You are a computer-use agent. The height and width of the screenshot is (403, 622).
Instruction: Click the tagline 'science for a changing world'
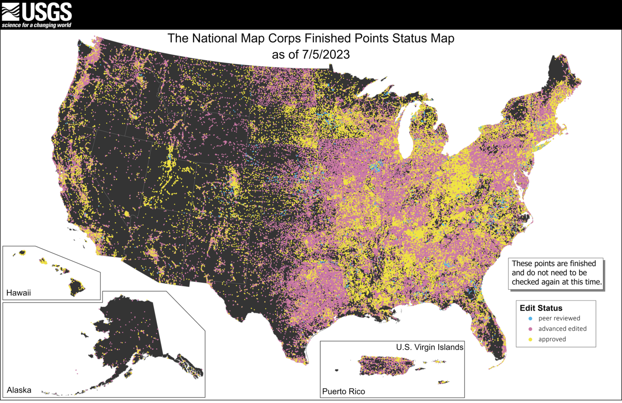pyautogui.click(x=36, y=25)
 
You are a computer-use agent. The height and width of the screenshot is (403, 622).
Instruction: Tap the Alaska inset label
pyautogui.click(x=19, y=389)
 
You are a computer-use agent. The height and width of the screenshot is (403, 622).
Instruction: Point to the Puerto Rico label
pyautogui.click(x=344, y=391)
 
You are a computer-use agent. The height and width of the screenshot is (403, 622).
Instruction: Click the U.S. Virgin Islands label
pyautogui.click(x=429, y=347)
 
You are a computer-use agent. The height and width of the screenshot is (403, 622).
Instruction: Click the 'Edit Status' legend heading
pyautogui.click(x=541, y=308)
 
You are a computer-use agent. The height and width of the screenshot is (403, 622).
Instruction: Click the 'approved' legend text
pyautogui.click(x=552, y=339)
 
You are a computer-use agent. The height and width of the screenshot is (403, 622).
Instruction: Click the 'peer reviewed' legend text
pyautogui.click(x=559, y=319)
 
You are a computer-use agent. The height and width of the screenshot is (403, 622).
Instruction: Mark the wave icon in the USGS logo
pyautogui.click(x=11, y=12)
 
